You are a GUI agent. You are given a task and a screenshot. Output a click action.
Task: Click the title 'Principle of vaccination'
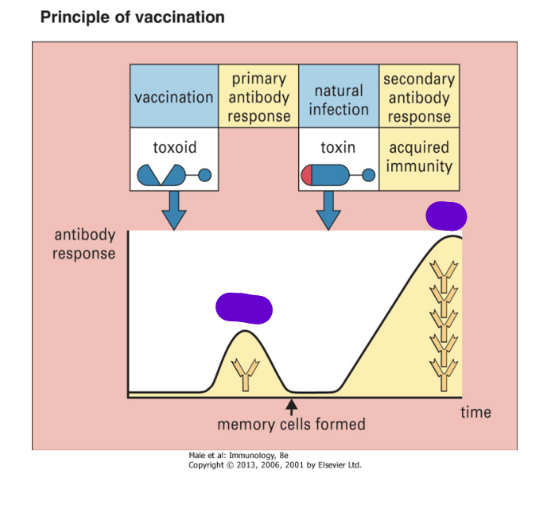pyautogui.click(x=133, y=17)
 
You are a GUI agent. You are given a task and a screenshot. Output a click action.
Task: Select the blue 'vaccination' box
pyautogui.click(x=174, y=96)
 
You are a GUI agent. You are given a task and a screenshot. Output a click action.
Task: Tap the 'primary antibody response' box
pyautogui.click(x=258, y=96)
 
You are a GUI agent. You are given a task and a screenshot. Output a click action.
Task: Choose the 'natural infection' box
pyautogui.click(x=339, y=96)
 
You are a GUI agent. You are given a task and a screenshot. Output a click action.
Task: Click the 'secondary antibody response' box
pyautogui.click(x=419, y=96)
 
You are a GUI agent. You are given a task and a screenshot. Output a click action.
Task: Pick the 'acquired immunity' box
pyautogui.click(x=419, y=159)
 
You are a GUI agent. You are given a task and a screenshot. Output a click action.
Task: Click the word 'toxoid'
pyautogui.click(x=175, y=147)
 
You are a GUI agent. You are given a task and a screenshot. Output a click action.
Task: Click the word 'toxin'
pyautogui.click(x=338, y=147)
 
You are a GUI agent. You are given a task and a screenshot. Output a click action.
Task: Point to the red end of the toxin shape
pyautogui.click(x=307, y=175)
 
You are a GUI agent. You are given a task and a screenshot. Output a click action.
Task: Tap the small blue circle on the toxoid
pyautogui.click(x=205, y=175)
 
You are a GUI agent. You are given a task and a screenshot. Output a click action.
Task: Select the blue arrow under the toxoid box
pyautogui.click(x=174, y=211)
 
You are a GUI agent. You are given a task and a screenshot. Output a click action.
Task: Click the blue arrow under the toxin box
pyautogui.click(x=328, y=211)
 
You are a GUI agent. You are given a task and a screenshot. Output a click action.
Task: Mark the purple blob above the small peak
pyautogui.click(x=244, y=309)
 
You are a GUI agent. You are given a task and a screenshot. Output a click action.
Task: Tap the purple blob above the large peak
pyautogui.click(x=446, y=216)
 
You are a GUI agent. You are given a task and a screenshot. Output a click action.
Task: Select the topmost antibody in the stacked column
pyautogui.click(x=444, y=276)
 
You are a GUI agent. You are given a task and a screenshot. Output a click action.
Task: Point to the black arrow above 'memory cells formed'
pyautogui.click(x=291, y=407)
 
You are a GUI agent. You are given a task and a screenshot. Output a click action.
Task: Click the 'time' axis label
pyautogui.click(x=475, y=412)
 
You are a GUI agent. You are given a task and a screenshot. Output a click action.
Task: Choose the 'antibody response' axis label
pyautogui.click(x=84, y=244)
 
